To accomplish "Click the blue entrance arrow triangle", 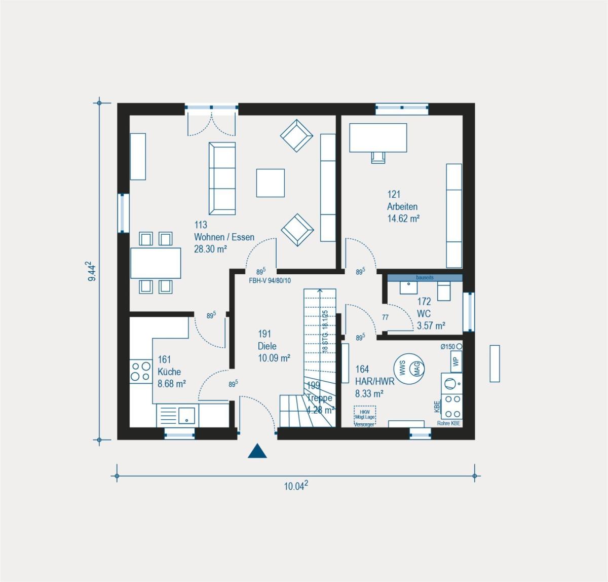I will tap(257, 451).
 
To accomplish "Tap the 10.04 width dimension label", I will tap(296, 487).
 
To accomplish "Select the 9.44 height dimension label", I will tap(90, 271).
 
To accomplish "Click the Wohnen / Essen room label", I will tap(224, 237).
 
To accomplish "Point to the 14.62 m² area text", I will tap(403, 219).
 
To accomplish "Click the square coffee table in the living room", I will tap(271, 183).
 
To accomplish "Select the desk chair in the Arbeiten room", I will tap(378, 158).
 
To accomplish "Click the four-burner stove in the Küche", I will tap(140, 371).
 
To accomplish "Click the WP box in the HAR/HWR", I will tap(455, 361).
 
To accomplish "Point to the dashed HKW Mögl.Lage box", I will tap(365, 415).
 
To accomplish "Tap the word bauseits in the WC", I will tap(425, 278).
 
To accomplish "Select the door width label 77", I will tap(385, 318).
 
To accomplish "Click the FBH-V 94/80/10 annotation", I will tap(269, 280).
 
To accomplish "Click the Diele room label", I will tap(267, 346).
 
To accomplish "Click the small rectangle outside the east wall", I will tap(495, 363).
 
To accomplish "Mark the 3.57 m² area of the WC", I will tap(431, 325).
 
